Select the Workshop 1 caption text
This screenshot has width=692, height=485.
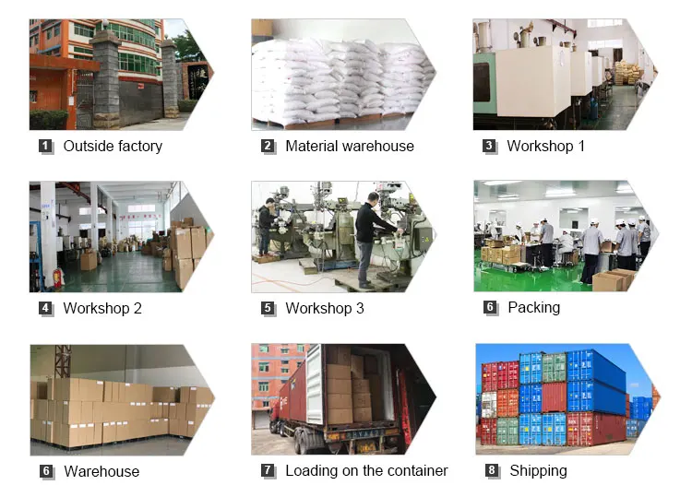click(x=545, y=146)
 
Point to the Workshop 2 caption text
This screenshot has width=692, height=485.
click(x=102, y=308)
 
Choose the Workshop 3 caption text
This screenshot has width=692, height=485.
click(x=325, y=308)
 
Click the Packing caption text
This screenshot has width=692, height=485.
click(x=533, y=307)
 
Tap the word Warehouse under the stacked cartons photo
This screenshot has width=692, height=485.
click(x=101, y=471)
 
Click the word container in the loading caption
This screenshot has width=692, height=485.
click(x=416, y=470)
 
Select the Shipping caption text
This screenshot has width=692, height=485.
click(x=538, y=470)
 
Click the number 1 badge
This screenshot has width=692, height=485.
click(x=45, y=146)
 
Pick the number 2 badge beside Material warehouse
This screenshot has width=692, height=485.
click(x=268, y=146)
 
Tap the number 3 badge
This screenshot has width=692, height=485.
click(x=489, y=146)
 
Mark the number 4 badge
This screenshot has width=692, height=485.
click(x=45, y=309)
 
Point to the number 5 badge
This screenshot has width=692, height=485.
click(x=268, y=309)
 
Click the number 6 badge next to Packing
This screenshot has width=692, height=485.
click(x=490, y=308)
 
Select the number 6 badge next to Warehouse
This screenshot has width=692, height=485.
click(x=45, y=471)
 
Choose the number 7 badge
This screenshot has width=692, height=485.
click(x=268, y=471)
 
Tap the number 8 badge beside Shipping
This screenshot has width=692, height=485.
click(x=492, y=471)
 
